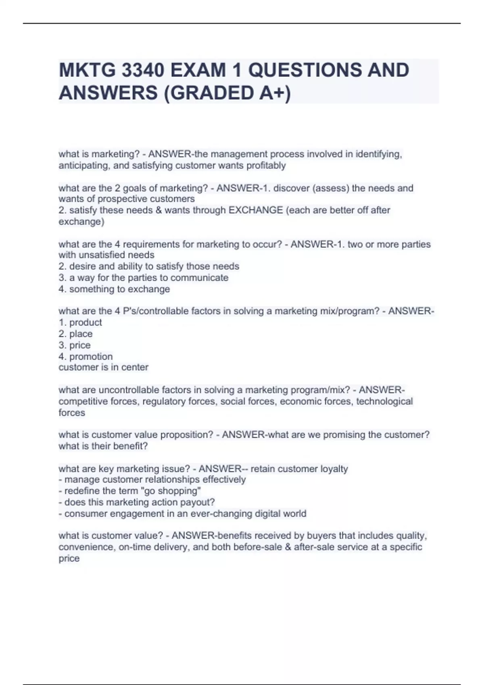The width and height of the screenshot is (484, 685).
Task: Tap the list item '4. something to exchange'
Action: point(114,289)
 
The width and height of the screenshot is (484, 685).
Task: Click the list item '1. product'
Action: point(80,322)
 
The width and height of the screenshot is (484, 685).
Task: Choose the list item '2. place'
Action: point(75,334)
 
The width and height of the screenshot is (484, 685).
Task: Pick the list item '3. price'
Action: point(75,345)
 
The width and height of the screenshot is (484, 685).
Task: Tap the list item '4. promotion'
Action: point(86,356)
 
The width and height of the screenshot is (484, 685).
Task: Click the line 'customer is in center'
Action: point(103,367)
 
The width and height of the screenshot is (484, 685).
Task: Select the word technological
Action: point(384,401)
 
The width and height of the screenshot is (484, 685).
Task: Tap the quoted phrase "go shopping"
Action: point(174,491)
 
